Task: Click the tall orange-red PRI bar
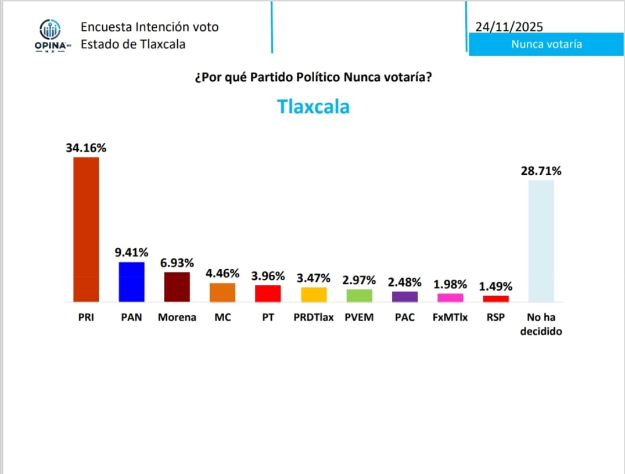pyautogui.click(x=86, y=229)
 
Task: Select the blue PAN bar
pyautogui.click(x=131, y=282)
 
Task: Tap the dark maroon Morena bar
pyautogui.click(x=177, y=287)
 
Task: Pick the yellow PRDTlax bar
pyautogui.click(x=314, y=295)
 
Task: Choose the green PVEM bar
pyautogui.click(x=359, y=296)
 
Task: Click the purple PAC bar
pyautogui.click(x=405, y=297)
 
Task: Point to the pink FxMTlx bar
pyautogui.click(x=450, y=297)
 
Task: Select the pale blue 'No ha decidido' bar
pyautogui.click(x=541, y=241)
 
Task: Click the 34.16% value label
pyautogui.click(x=86, y=148)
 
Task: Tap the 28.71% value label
pyautogui.click(x=541, y=171)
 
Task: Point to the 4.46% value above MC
pyautogui.click(x=222, y=274)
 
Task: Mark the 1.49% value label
pyautogui.click(x=495, y=286)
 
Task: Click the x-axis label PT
pyautogui.click(x=268, y=318)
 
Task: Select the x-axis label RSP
pyautogui.click(x=495, y=318)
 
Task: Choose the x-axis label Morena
pyautogui.click(x=177, y=318)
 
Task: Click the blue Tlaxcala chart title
pyautogui.click(x=313, y=107)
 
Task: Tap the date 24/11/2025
pyautogui.click(x=509, y=27)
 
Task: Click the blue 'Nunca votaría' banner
pyautogui.click(x=546, y=44)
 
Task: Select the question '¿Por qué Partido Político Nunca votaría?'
pyautogui.click(x=313, y=77)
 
